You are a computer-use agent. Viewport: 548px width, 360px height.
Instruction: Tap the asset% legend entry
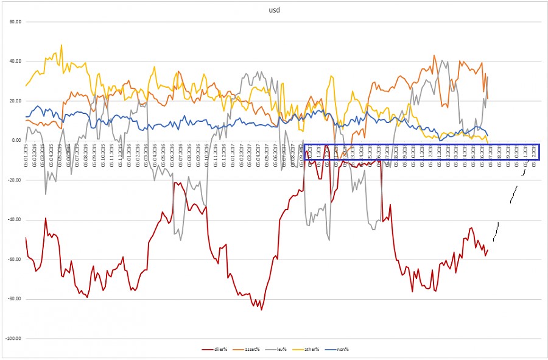[x=249, y=349]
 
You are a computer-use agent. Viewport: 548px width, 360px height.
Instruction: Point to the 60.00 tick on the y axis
[x=14, y=21]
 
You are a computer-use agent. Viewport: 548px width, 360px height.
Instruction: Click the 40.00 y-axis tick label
[x=14, y=61]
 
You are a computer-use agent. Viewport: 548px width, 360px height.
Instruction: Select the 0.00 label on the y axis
[x=15, y=140]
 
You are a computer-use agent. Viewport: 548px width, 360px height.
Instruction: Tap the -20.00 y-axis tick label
[x=13, y=180]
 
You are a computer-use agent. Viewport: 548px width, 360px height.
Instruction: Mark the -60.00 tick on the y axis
[x=13, y=259]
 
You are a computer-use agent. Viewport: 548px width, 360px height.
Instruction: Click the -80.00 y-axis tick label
[x=13, y=298]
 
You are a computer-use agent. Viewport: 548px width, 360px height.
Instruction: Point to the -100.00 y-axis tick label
[x=12, y=338]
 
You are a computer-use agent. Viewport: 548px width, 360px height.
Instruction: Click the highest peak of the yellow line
[x=61, y=45]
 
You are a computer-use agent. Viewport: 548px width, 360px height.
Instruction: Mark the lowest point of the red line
[x=262, y=309]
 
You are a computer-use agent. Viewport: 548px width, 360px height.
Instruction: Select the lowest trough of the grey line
[x=329, y=239]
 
